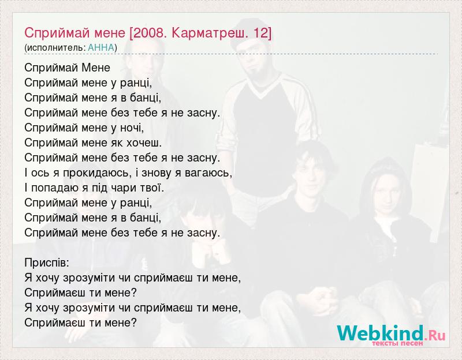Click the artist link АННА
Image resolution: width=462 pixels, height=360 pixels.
(100, 48)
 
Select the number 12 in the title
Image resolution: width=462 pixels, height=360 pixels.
(259, 33)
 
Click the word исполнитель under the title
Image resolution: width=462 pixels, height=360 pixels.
(56, 48)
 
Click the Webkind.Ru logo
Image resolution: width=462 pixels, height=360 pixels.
(392, 333)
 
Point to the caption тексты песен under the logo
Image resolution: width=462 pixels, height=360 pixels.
(397, 343)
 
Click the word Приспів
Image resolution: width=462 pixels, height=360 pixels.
(47, 263)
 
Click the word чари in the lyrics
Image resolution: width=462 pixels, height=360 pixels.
(123, 188)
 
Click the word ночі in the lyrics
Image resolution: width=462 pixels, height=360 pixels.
(132, 127)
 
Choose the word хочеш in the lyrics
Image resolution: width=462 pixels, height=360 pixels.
(144, 142)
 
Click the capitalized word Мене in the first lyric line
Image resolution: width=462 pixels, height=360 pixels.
(96, 67)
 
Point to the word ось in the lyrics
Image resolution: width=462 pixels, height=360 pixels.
(40, 173)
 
